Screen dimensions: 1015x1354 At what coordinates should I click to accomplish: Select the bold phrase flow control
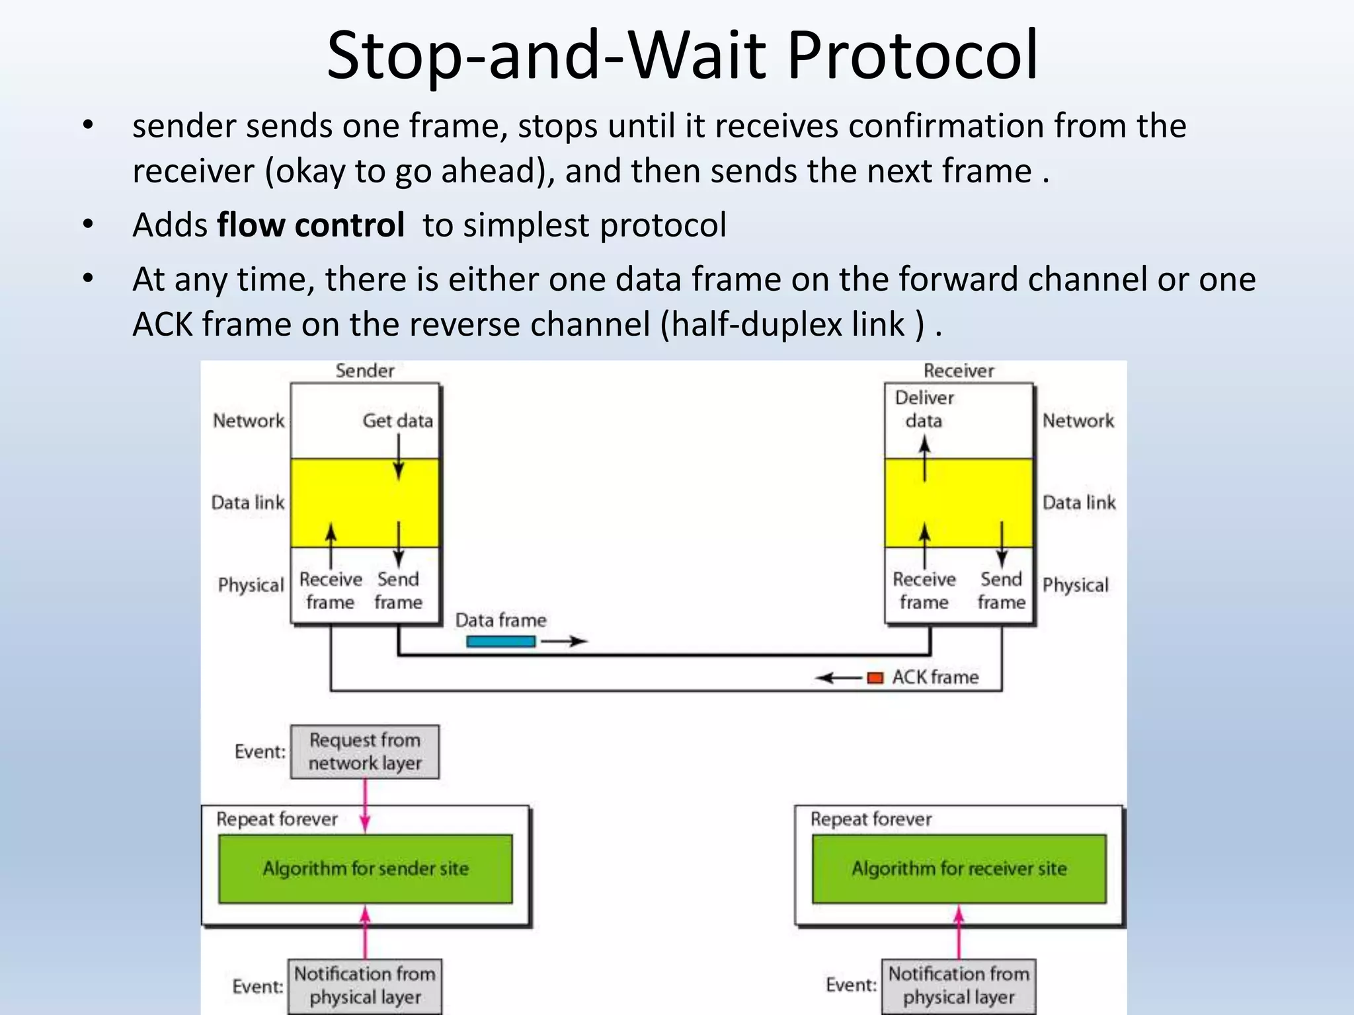tap(311, 225)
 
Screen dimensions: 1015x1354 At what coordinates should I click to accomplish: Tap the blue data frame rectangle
tap(500, 641)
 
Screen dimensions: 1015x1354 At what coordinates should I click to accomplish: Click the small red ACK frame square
tap(875, 677)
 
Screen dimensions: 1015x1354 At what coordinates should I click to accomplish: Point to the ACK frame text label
tap(935, 677)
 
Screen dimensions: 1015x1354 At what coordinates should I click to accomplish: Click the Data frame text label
tap(500, 620)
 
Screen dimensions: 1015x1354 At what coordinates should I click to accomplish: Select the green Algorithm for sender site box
tap(365, 868)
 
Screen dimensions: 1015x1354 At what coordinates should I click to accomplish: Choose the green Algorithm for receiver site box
tap(959, 868)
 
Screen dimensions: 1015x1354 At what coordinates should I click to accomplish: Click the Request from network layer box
tap(364, 751)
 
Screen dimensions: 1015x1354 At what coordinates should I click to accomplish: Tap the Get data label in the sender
tap(397, 420)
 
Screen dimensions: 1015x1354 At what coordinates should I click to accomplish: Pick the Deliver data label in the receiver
tap(924, 409)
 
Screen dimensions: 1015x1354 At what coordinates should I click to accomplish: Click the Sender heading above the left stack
tap(364, 371)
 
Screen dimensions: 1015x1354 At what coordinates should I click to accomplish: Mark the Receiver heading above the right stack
tap(959, 371)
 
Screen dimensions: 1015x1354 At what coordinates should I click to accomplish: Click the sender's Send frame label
tap(398, 591)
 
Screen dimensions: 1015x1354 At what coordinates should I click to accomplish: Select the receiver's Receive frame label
tap(924, 591)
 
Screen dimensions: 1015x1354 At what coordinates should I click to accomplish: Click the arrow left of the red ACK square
tap(838, 678)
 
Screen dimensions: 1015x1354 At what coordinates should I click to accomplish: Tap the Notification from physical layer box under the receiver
tap(959, 985)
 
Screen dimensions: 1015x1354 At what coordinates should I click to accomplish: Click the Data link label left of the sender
tap(248, 503)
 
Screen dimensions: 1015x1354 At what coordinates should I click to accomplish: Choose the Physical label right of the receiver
tap(1075, 585)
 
